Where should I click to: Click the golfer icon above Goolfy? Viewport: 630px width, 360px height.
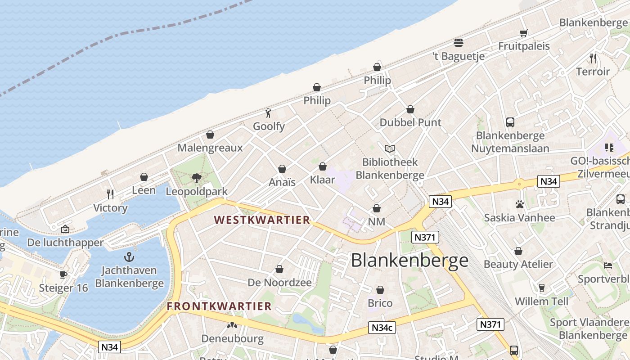point(269,113)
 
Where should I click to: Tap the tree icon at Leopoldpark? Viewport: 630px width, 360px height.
point(197,178)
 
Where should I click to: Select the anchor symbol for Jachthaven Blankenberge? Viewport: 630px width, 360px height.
point(129,257)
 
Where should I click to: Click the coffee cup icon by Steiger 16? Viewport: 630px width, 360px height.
point(63,274)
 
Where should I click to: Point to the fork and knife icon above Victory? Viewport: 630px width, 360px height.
point(110,194)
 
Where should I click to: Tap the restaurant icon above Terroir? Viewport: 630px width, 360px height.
point(593,58)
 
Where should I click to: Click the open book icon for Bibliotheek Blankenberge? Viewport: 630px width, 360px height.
point(390,148)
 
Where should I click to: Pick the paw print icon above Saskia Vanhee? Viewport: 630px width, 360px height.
point(520,204)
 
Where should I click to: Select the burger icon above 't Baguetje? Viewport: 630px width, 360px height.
point(459,43)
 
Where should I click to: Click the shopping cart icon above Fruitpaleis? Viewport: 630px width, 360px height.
point(524,33)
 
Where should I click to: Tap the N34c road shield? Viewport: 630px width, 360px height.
point(382,328)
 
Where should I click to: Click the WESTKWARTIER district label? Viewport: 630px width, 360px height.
point(262,220)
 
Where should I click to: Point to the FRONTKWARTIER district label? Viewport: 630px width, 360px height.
point(219,306)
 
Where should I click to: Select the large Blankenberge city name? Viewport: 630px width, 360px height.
point(409,261)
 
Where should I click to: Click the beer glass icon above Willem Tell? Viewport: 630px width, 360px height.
point(542,288)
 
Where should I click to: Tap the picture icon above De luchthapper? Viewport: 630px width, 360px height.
point(65,229)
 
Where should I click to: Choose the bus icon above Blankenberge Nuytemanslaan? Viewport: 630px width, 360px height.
point(510,122)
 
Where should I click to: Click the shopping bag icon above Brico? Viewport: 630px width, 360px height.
point(380,290)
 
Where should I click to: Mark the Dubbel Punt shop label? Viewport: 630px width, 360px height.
point(410,122)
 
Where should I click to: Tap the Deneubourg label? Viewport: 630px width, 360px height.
point(232,338)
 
